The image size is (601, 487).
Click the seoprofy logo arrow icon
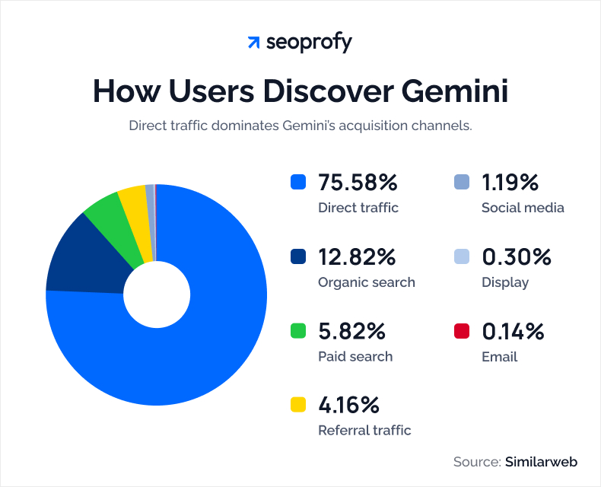click(x=254, y=43)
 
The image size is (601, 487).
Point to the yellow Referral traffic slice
click(x=133, y=199)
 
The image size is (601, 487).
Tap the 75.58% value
click(x=358, y=183)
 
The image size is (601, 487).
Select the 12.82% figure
click(x=357, y=257)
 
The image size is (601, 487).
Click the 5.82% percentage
click(x=352, y=332)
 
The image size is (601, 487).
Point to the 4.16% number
click(x=349, y=405)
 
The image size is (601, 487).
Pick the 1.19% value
click(x=510, y=183)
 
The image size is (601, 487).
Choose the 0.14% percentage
click(x=514, y=332)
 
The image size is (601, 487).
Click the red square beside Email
click(x=461, y=332)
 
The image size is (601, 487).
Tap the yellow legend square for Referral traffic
click(x=298, y=405)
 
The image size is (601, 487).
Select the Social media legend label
click(x=523, y=208)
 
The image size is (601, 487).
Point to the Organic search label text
click(x=367, y=282)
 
